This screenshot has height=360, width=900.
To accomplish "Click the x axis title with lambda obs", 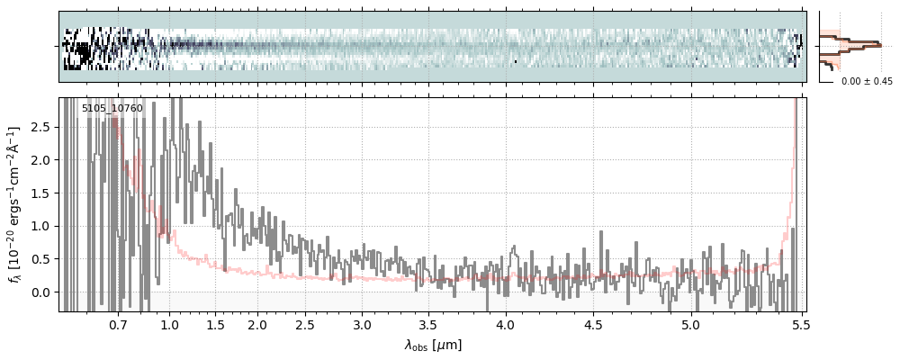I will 433,344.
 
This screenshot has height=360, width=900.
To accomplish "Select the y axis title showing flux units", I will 15,204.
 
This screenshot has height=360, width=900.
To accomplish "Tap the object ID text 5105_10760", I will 112,109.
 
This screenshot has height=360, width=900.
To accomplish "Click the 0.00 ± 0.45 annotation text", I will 867,81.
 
